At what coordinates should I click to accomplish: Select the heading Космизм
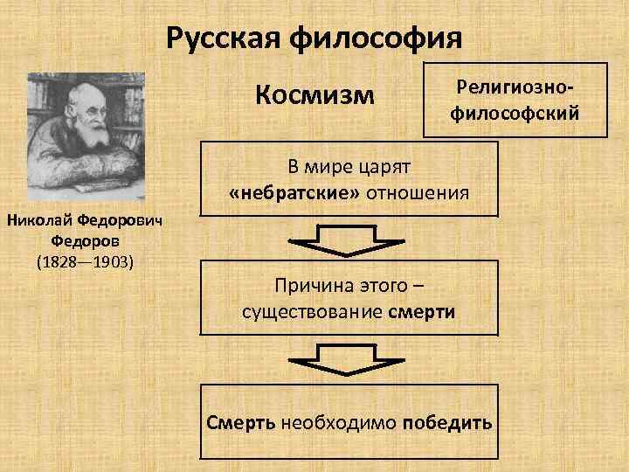pyautogui.click(x=315, y=94)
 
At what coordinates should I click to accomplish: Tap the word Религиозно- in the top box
pyautogui.click(x=515, y=87)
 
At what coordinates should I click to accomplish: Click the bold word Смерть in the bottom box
pyautogui.click(x=241, y=423)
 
